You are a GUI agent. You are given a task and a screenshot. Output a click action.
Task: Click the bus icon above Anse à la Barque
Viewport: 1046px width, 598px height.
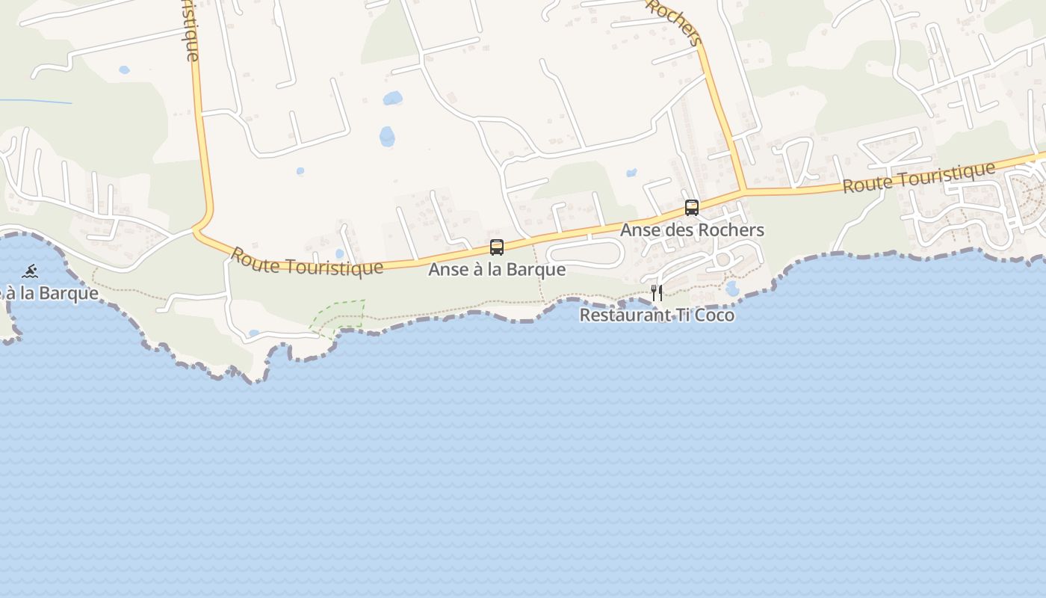(497, 247)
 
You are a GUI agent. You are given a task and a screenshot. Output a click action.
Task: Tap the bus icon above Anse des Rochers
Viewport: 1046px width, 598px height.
(692, 208)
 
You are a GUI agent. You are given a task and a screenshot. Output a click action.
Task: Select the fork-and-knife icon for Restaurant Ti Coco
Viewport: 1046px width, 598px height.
(657, 293)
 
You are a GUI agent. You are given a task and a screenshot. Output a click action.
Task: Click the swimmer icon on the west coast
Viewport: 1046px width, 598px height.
(30, 271)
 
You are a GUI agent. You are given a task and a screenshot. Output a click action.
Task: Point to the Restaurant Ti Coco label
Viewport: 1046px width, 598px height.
(657, 315)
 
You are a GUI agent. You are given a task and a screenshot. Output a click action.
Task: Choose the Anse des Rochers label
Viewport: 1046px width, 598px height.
(692, 230)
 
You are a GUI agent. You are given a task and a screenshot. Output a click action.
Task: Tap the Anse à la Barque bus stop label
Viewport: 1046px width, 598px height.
(497, 269)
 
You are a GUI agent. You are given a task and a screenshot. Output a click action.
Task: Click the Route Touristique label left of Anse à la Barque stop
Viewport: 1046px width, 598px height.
(306, 262)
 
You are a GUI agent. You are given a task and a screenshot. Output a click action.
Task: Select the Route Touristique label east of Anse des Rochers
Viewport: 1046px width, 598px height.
(919, 177)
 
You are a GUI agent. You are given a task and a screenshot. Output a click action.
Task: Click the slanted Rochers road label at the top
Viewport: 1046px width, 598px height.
(675, 21)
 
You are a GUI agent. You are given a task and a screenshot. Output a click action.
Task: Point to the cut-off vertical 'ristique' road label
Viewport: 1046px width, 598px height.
(191, 30)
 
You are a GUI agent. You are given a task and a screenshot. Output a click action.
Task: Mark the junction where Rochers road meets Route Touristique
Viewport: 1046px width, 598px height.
(743, 191)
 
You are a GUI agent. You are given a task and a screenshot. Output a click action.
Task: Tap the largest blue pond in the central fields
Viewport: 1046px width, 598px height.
(387, 137)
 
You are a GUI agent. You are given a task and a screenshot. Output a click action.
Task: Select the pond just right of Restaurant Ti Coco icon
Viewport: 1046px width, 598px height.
(732, 289)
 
